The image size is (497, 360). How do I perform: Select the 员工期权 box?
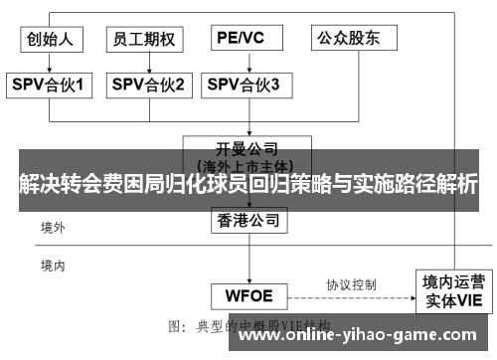[x=145, y=39]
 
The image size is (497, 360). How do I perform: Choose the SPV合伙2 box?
[x=147, y=85]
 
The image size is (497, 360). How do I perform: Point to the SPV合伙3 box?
[x=244, y=85]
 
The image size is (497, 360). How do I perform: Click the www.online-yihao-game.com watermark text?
[x=364, y=335]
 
